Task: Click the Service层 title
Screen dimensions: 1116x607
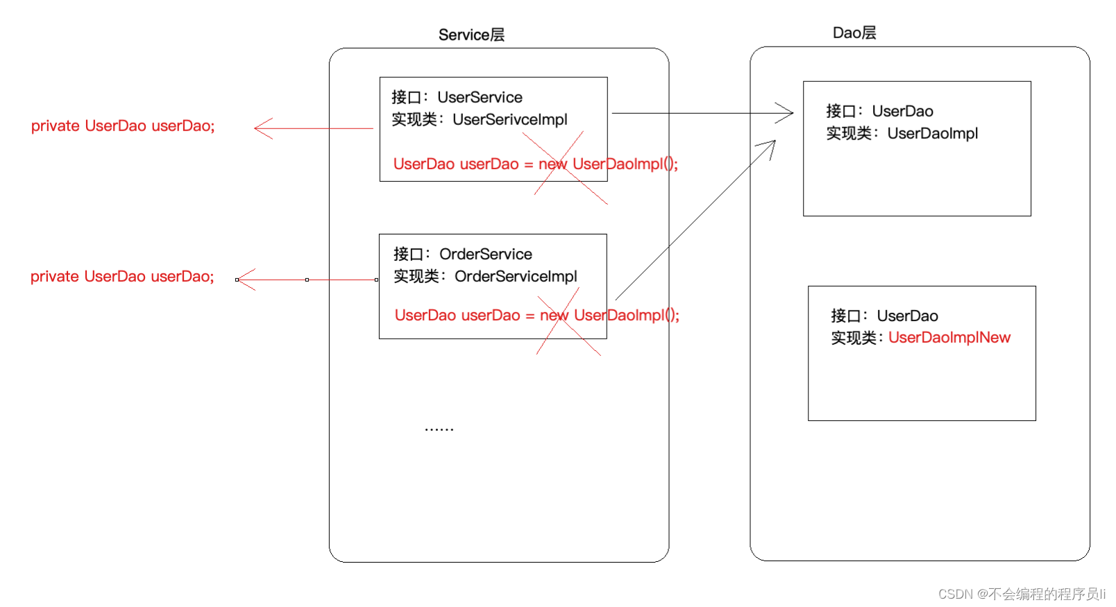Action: (x=471, y=35)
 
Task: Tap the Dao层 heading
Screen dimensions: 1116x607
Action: (x=854, y=33)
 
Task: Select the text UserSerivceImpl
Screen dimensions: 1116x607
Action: (x=509, y=119)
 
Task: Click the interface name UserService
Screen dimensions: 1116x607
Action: (x=480, y=97)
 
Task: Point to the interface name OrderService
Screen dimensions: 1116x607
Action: (x=486, y=254)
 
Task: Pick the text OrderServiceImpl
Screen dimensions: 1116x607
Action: (x=516, y=276)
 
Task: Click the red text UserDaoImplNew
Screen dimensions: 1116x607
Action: (x=949, y=338)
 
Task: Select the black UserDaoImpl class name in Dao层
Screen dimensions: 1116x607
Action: (x=933, y=133)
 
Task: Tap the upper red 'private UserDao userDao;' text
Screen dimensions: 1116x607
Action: (x=123, y=126)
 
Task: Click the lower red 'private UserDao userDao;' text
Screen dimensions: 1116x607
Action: (x=123, y=276)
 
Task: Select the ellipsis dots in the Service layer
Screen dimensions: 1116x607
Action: (x=439, y=429)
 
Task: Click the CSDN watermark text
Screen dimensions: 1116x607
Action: (x=1022, y=594)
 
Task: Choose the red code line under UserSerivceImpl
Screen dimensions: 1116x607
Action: (x=536, y=164)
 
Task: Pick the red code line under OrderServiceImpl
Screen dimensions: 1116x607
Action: (x=537, y=315)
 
